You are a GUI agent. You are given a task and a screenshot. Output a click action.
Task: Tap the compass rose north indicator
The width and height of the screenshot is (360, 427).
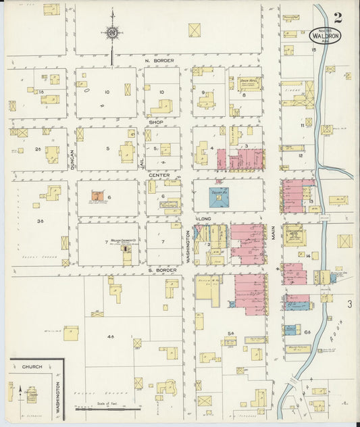pyautogui.click(x=113, y=32)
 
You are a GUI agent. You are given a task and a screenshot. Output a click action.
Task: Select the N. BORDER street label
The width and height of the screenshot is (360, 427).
pyautogui.click(x=159, y=61)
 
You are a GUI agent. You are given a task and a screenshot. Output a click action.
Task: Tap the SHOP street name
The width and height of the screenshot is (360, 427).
pyautogui.click(x=157, y=122)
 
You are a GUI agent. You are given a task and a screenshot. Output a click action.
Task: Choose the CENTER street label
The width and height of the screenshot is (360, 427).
pyautogui.click(x=159, y=174)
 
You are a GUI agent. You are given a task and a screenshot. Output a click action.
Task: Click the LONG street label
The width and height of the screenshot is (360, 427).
pyautogui.click(x=204, y=220)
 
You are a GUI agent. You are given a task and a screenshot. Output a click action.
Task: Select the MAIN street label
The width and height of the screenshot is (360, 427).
pyautogui.click(x=274, y=233)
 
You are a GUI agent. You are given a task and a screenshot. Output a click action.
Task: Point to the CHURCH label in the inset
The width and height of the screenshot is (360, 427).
pyautogui.click(x=32, y=366)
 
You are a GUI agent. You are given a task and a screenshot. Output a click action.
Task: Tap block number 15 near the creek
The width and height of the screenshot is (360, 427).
pyautogui.click(x=313, y=50)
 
